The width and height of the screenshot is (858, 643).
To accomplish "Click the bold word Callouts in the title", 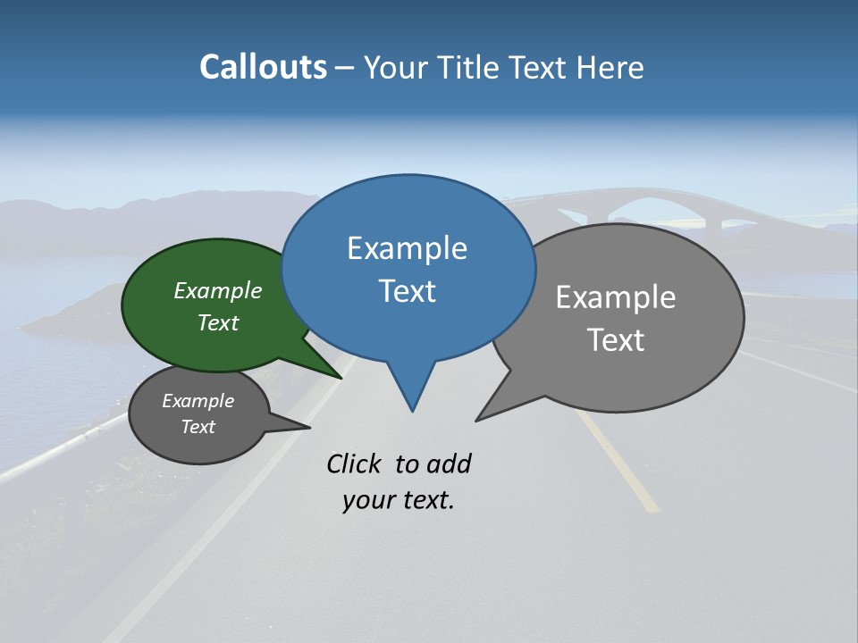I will click(263, 67).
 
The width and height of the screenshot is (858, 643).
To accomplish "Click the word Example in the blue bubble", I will click(407, 248).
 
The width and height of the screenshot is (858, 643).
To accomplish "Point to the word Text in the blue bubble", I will click(407, 291).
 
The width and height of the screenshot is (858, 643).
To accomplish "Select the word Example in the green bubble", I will click(218, 291).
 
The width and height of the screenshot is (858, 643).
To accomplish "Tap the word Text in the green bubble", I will click(218, 323).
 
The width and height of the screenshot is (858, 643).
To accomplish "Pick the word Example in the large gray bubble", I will click(616, 297).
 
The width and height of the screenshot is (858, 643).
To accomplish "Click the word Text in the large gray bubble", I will click(616, 340).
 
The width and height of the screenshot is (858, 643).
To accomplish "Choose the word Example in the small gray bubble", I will click(198, 401).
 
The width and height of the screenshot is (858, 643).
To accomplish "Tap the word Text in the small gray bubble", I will click(198, 427).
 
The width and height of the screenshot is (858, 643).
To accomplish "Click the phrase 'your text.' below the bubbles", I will click(399, 500).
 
